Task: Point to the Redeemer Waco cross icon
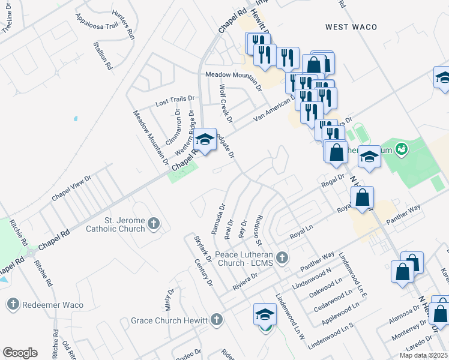13,304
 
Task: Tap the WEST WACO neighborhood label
351,27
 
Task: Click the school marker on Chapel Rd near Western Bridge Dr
205,140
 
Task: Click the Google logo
20,353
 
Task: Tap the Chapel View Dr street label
71,188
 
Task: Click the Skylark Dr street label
203,248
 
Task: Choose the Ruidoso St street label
258,229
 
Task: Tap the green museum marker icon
402,147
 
